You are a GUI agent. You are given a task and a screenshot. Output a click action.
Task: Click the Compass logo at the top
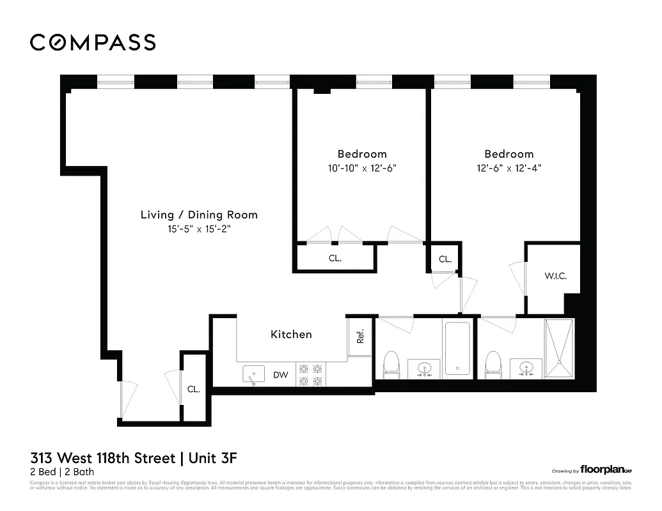(x=93, y=42)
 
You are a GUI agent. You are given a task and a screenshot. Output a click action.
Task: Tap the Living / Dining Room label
(x=199, y=215)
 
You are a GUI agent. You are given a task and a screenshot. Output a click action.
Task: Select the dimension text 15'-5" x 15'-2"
(x=199, y=229)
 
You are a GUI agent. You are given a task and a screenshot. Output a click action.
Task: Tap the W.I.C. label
(x=555, y=276)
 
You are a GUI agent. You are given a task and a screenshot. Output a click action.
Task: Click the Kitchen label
(x=291, y=334)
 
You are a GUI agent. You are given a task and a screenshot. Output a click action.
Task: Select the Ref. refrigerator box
(x=359, y=337)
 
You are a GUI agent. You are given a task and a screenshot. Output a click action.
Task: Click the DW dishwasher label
(x=281, y=375)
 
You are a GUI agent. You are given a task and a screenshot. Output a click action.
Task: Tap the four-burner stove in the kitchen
(x=311, y=375)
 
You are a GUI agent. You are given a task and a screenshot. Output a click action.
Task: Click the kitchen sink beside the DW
(x=254, y=374)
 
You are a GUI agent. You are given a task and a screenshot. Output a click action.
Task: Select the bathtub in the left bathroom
(x=457, y=349)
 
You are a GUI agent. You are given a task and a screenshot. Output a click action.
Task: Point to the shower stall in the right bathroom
(x=560, y=349)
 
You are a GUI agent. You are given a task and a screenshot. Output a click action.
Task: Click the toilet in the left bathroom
(x=391, y=364)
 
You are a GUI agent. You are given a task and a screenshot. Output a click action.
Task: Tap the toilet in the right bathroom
(x=493, y=364)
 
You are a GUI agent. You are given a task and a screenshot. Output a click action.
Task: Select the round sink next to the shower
(x=526, y=368)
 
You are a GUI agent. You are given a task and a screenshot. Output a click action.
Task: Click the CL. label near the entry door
(x=193, y=388)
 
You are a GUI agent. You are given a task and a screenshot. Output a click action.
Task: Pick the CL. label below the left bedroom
(x=335, y=259)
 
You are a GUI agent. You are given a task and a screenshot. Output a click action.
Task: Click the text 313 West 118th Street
(x=102, y=458)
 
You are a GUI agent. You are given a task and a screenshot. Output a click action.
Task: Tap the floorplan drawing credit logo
(x=606, y=469)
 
